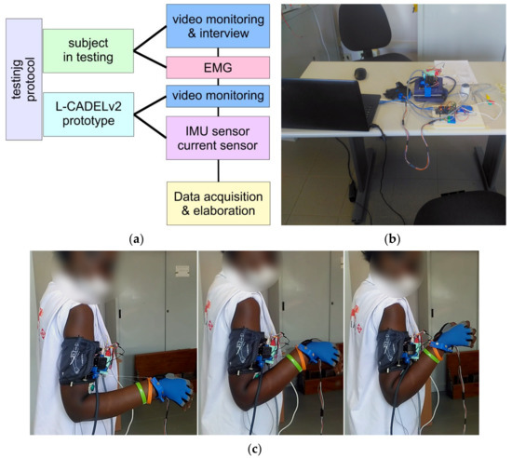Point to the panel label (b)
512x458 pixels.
[x=392, y=239]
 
